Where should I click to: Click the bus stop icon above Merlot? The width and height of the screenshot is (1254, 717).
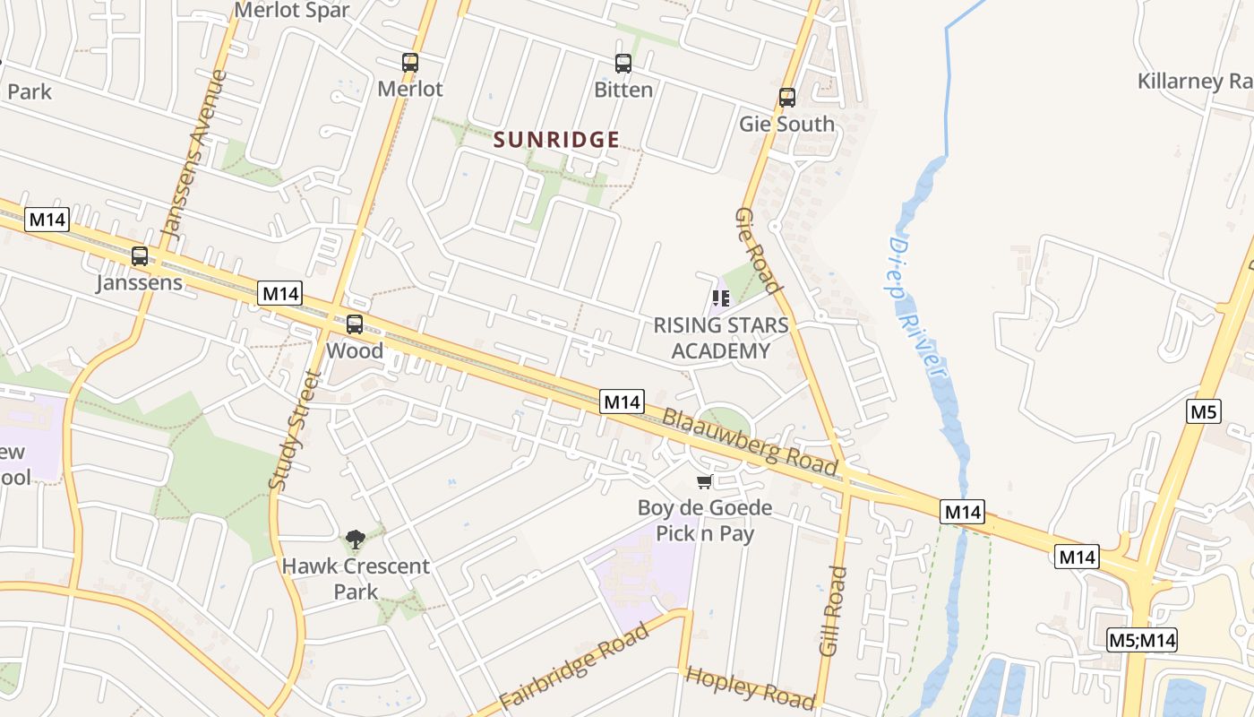[410, 63]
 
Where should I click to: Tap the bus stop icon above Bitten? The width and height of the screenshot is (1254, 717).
[623, 64]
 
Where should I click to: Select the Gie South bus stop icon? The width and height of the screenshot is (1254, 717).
[787, 98]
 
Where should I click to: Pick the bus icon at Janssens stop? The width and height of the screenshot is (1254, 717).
[140, 256]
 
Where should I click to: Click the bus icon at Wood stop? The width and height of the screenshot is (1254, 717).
[355, 324]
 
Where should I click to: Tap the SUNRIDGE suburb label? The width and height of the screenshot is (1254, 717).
[556, 140]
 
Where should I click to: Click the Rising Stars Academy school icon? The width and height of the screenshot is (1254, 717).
[720, 298]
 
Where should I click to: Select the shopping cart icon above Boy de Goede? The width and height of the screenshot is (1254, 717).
[705, 482]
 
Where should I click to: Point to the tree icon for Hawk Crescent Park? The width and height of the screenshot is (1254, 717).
[356, 540]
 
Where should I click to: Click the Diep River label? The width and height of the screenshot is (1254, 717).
[917, 310]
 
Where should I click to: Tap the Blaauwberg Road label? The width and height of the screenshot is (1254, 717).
[750, 442]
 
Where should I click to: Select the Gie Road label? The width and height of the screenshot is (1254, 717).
[760, 252]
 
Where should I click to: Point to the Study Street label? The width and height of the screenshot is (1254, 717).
[295, 430]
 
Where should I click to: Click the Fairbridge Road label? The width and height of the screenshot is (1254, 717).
[573, 669]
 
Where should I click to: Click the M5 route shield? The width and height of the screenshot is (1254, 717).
[1204, 411]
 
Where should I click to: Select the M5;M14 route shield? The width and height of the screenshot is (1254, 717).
[1141, 640]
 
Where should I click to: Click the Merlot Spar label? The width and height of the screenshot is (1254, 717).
[292, 11]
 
